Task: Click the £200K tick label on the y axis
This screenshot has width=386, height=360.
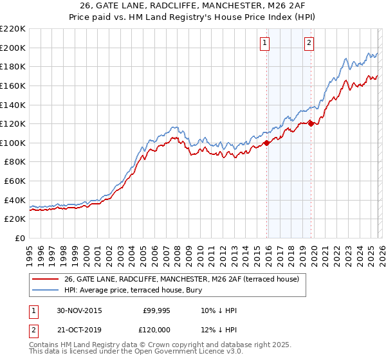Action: (x=13, y=48)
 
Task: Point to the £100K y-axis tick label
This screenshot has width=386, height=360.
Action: (x=13, y=143)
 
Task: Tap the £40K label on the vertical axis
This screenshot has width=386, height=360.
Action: (x=15, y=200)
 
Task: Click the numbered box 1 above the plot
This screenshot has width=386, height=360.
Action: (x=265, y=43)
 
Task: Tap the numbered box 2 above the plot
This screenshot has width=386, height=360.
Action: (x=309, y=43)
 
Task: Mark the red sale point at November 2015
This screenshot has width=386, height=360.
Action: (x=267, y=143)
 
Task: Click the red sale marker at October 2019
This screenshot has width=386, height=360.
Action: (x=311, y=123)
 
